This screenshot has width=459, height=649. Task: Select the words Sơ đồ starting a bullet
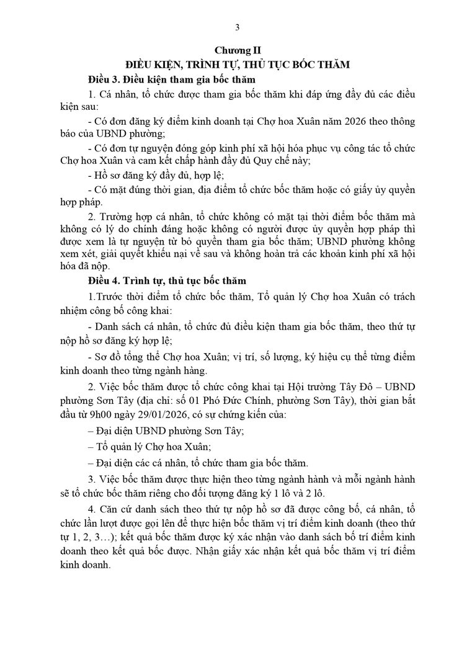109,357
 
